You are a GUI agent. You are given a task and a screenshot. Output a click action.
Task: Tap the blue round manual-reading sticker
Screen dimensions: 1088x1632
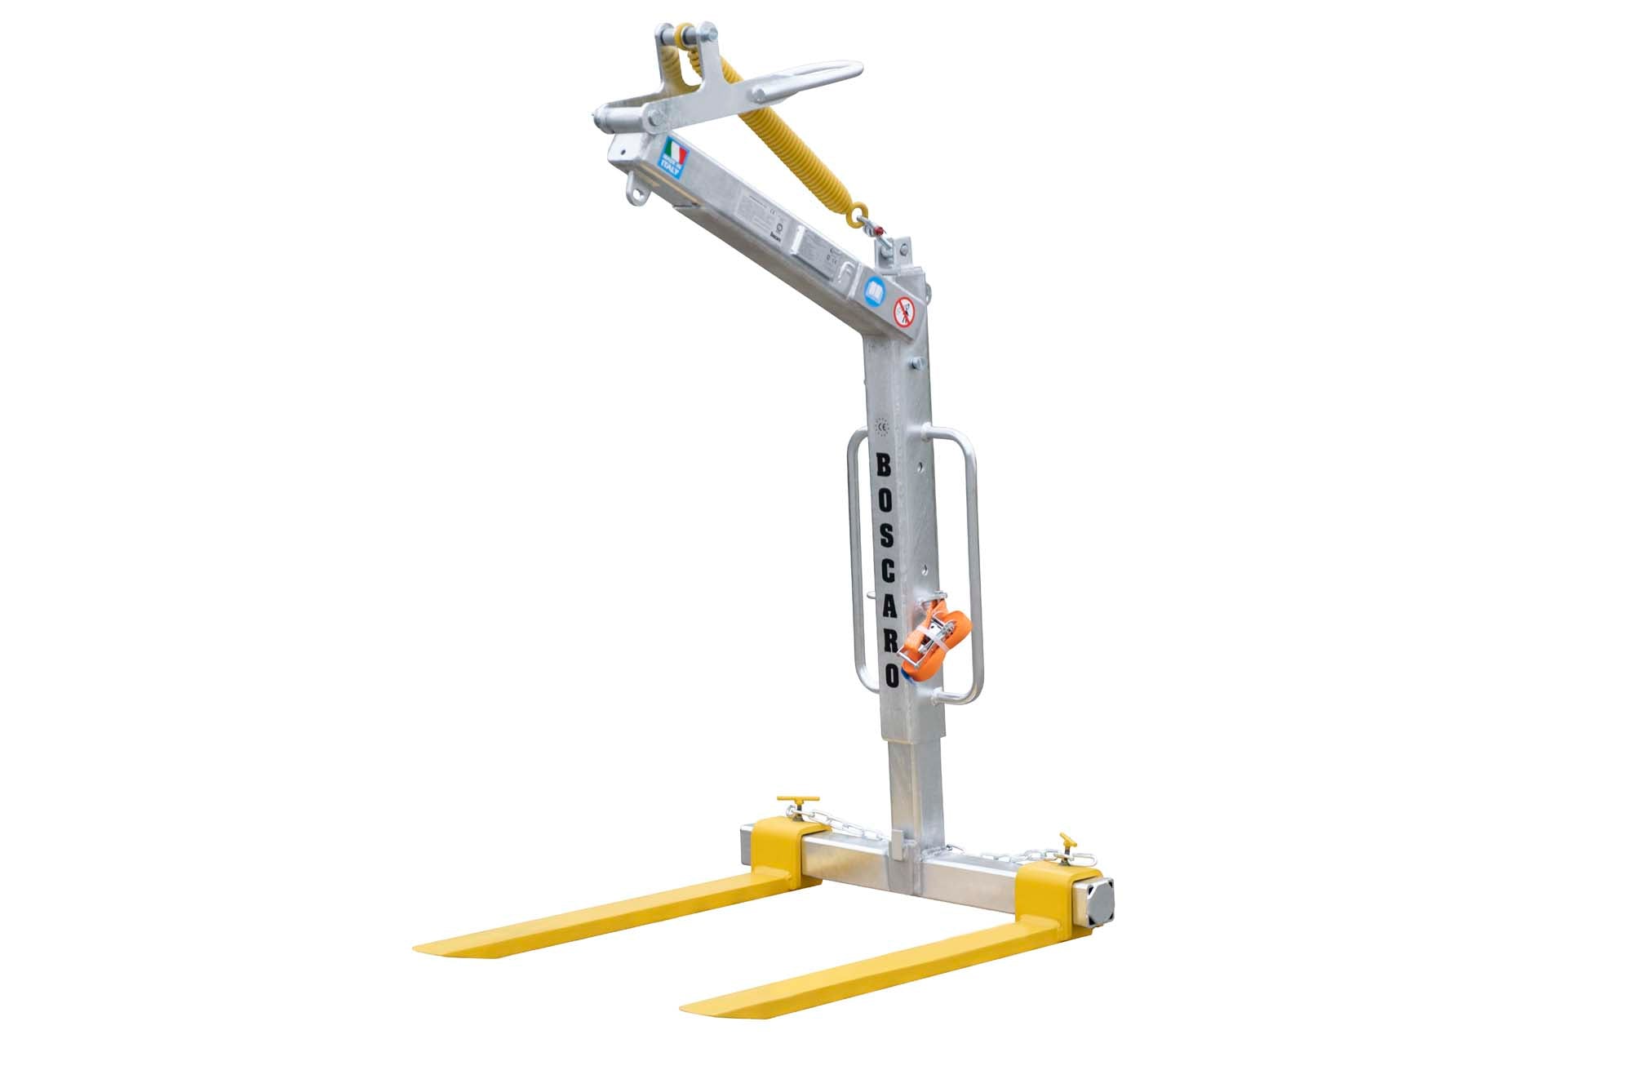tap(874, 291)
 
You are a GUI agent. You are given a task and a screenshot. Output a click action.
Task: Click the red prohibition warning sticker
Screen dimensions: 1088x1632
tap(903, 311)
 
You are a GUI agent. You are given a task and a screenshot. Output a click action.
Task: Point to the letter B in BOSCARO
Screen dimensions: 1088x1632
tap(883, 466)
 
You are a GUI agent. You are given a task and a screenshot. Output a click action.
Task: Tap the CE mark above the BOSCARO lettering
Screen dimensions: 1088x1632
tap(881, 425)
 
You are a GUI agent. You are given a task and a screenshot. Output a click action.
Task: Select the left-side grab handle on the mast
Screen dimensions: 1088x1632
tap(854, 571)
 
